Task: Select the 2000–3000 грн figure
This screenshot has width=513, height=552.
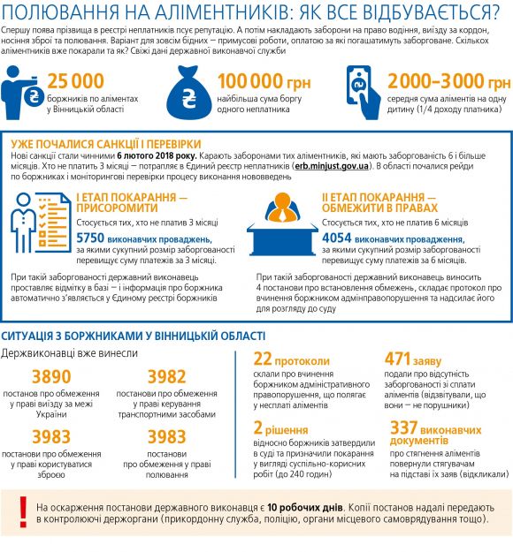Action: click(x=449, y=82)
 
